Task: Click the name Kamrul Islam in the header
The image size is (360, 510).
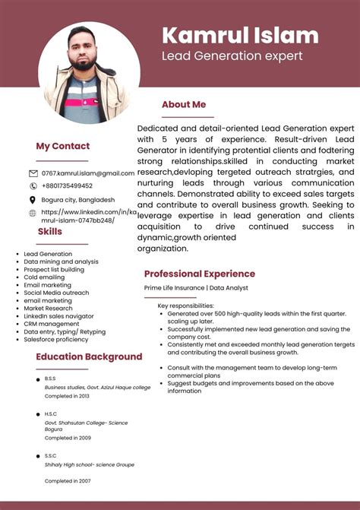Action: point(240,35)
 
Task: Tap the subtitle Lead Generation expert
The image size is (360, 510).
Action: point(232,55)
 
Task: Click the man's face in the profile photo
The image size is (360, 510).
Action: point(84,50)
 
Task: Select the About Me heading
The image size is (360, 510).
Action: point(184,105)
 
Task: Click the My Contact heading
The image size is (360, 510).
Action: point(62,146)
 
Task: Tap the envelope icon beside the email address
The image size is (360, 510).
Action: point(33,174)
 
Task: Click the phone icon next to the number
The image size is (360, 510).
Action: point(33,185)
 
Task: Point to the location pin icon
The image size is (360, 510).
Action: point(33,200)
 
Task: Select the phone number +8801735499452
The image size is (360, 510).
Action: point(67,185)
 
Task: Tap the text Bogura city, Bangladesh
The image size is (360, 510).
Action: point(78,200)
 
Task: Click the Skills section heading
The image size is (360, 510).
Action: point(50,231)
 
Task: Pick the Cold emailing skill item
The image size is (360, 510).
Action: point(44,277)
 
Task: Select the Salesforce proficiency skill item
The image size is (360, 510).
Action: point(56,340)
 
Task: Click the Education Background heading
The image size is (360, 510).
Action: point(89,356)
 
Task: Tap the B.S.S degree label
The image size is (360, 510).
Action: point(49,379)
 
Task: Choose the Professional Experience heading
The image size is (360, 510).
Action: point(200,274)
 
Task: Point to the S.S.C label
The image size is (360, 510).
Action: point(49,455)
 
